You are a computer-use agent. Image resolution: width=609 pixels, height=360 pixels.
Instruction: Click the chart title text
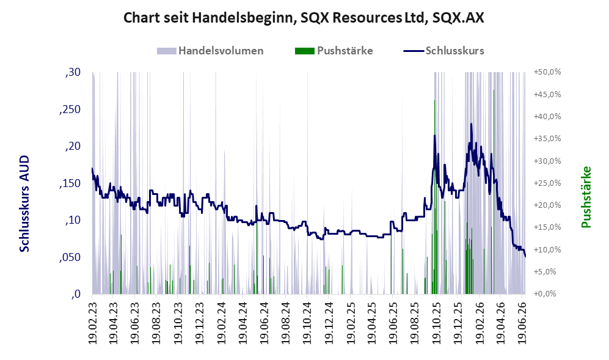[304, 18]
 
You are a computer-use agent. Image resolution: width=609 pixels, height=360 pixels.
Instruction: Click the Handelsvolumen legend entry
[210, 51]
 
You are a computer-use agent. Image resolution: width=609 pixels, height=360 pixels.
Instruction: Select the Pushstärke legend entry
[334, 51]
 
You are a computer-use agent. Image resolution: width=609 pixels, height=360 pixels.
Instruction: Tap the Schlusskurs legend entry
[444, 51]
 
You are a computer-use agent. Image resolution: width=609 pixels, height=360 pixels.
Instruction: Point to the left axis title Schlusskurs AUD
[24, 204]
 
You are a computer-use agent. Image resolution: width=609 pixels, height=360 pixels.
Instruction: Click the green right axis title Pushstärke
[586, 197]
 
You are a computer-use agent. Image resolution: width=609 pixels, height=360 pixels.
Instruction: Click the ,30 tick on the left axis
[73, 72]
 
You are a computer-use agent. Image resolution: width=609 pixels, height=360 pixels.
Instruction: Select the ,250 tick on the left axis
[70, 109]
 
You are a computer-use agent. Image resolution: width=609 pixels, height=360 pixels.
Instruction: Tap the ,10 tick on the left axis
[73, 220]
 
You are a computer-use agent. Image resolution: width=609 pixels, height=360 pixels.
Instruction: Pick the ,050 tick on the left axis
[70, 257]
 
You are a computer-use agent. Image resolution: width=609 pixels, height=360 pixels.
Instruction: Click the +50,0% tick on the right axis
[548, 72]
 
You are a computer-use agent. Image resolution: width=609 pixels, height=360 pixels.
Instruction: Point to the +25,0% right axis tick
[548, 183]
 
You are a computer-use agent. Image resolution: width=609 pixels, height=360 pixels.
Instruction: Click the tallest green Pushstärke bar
[494, 192]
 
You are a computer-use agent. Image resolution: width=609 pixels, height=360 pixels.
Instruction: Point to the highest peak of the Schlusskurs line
[471, 124]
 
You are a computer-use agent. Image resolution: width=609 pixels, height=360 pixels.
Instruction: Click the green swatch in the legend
[304, 51]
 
